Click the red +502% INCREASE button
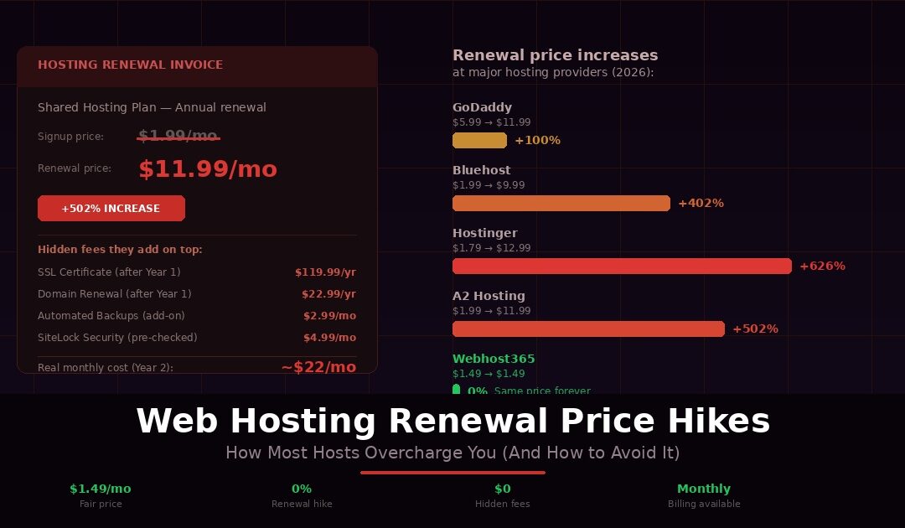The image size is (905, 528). click(x=111, y=209)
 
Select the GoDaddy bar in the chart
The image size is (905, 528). click(x=479, y=140)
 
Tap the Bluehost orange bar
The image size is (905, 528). click(x=561, y=203)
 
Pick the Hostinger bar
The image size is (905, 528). click(x=622, y=266)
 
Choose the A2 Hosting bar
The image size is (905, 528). click(x=588, y=329)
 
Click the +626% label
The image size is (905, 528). click(x=822, y=266)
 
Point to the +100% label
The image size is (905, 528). click(x=537, y=140)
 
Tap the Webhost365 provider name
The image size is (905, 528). click(x=494, y=359)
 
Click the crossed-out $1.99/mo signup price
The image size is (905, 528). click(x=178, y=136)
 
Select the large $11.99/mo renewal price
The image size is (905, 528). click(x=208, y=169)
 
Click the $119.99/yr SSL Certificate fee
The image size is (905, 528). click(x=325, y=272)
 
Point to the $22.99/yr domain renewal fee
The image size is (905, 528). click(x=328, y=294)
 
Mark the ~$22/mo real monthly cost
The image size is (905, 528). click(x=318, y=367)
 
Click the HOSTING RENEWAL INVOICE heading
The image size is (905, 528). click(x=130, y=65)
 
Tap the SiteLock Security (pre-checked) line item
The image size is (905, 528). click(x=117, y=338)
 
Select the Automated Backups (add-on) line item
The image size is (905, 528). click(x=111, y=316)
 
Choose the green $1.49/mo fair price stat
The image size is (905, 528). click(x=101, y=489)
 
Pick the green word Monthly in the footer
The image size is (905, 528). click(x=704, y=489)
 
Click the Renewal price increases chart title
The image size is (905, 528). click(x=555, y=55)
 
